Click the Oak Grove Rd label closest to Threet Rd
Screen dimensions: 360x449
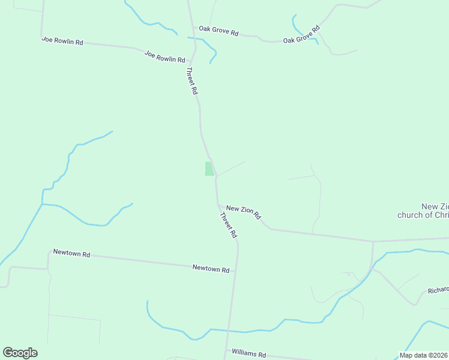pyautogui.click(x=219, y=31)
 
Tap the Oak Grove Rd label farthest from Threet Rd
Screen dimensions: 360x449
pyautogui.click(x=301, y=35)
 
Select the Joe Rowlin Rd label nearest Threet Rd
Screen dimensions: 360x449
pyautogui.click(x=164, y=57)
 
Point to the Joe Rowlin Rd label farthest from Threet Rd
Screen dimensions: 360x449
pyautogui.click(x=62, y=41)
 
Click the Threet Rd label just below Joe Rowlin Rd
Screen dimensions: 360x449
pyautogui.click(x=191, y=81)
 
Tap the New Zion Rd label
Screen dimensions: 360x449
pyautogui.click(x=244, y=211)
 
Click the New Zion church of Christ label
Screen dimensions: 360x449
pyautogui.click(x=423, y=210)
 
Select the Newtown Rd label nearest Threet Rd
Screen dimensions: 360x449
pyautogui.click(x=211, y=269)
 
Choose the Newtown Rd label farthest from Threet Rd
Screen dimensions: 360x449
pyautogui.click(x=71, y=254)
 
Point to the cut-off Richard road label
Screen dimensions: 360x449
pyautogui.click(x=438, y=290)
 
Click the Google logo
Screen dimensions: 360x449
pyautogui.click(x=20, y=353)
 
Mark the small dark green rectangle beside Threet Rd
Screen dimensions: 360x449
pyautogui.click(x=209, y=169)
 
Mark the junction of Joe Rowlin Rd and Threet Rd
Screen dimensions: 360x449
pyautogui.click(x=192, y=61)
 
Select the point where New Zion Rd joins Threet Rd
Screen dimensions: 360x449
pyautogui.click(x=217, y=205)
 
